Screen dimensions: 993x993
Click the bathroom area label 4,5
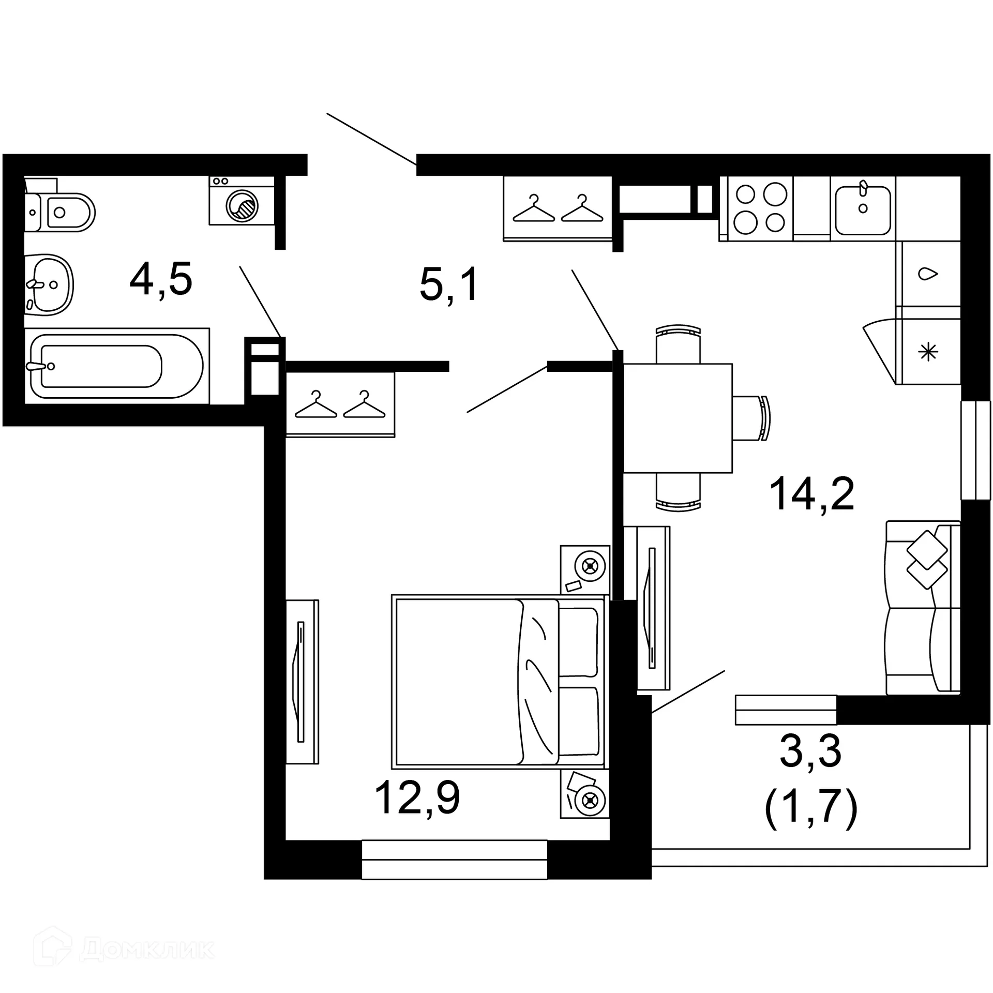(161, 280)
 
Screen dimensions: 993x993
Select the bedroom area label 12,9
(417, 798)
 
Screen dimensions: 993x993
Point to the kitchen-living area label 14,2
(811, 494)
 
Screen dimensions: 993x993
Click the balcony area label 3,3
(810, 751)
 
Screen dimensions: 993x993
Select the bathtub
(116, 366)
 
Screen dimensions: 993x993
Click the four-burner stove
(761, 209)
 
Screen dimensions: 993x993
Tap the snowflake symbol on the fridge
(928, 353)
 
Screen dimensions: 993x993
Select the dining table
(678, 418)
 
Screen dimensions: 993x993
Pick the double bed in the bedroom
(498, 681)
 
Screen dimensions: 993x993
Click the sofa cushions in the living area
(927, 560)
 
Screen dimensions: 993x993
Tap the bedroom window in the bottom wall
(454, 859)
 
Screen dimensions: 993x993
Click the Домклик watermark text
(147, 950)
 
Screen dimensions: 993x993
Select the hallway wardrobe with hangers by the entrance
(558, 209)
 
